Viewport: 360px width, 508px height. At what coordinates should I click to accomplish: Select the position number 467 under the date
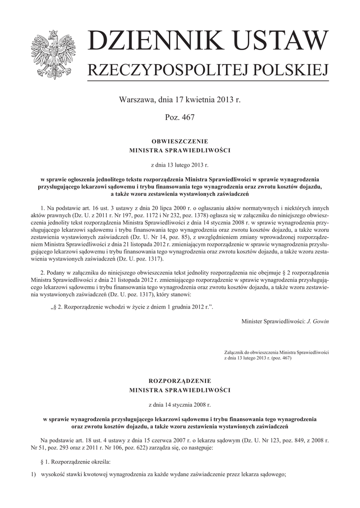(x=188, y=118)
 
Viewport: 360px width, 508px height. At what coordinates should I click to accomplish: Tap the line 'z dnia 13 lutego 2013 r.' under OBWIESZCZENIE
(x=180, y=163)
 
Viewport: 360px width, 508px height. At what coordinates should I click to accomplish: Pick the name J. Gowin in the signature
(x=318, y=321)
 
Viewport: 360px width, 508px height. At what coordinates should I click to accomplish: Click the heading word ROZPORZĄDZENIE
(x=180, y=381)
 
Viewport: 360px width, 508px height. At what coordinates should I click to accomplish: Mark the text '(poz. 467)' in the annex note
(x=281, y=357)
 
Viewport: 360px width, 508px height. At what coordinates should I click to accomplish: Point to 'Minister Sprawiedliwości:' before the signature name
(x=273, y=321)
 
